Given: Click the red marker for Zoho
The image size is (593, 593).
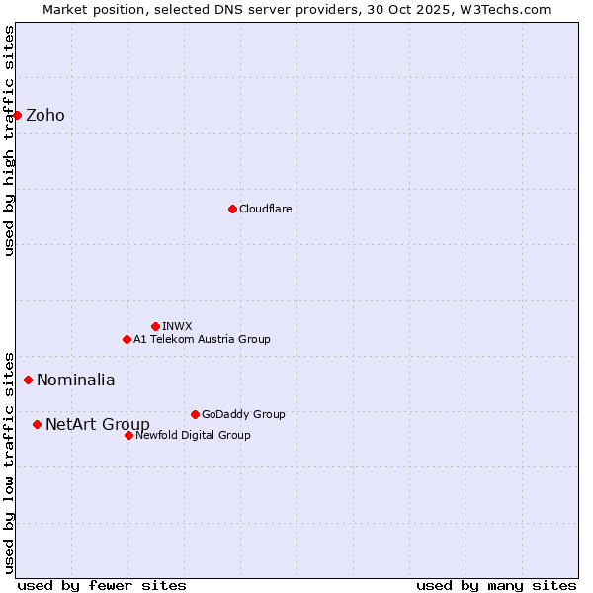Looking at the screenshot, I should coord(17,115).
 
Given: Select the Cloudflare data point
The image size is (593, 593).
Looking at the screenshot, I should coord(232,209).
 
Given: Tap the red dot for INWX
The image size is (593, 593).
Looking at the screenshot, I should coord(155,326).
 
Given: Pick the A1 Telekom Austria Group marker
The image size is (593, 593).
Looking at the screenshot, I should coord(127,339).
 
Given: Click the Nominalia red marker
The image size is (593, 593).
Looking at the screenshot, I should coord(28,380).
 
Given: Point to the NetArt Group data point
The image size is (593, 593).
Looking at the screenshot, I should coord(37,424).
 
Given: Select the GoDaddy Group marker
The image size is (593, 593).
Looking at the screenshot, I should coord(195,414).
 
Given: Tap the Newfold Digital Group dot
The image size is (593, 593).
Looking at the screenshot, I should coord(128,435).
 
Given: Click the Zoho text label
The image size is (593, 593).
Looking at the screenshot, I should coord(45,115).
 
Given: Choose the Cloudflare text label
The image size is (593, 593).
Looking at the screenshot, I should coord(266,209).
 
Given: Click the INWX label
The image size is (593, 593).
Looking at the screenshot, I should coord(178,326).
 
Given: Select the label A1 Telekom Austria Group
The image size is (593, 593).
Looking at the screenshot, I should coord(202,339).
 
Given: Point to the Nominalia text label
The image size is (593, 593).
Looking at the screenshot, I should coord(76,380).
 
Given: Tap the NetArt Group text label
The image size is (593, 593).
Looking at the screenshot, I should coord(98,425).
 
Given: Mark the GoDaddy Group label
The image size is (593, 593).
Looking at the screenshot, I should coord(243,414).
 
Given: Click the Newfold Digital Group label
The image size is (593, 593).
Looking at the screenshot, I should coord(193,435).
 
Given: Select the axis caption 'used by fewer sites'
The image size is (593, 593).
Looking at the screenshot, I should coord(102,585).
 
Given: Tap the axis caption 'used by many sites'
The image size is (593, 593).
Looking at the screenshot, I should coord(496,585).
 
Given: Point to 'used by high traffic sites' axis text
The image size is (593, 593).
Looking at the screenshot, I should coord(9,140).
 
